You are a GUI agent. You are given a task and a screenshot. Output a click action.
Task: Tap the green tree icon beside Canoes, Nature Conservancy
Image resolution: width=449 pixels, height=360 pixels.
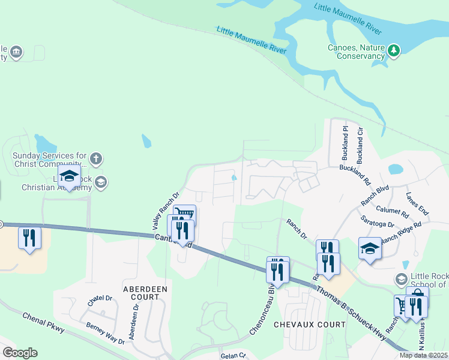tap(394, 50)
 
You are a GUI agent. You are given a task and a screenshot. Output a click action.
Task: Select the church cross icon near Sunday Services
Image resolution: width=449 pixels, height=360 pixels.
tap(96, 159)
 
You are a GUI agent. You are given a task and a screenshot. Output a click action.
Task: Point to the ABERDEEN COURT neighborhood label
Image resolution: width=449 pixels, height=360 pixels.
tap(145, 293)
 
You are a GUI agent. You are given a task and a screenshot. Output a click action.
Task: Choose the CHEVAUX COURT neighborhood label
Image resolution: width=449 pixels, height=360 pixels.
tap(301, 325)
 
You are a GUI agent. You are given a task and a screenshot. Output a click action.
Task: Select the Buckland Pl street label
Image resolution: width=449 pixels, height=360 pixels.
tap(345, 139)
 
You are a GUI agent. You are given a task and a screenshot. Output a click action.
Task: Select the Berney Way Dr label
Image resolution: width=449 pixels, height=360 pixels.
tap(105, 332)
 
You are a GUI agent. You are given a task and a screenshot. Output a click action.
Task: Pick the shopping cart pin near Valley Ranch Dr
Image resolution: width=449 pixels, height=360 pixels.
tap(185, 215)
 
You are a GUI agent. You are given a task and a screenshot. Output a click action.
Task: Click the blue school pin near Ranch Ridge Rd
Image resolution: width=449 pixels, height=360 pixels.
tap(370, 248)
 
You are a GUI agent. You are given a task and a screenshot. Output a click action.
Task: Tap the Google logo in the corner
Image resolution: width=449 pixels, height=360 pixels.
tap(20, 353)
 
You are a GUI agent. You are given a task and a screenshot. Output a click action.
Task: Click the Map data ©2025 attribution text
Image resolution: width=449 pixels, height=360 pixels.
tap(423, 355)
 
